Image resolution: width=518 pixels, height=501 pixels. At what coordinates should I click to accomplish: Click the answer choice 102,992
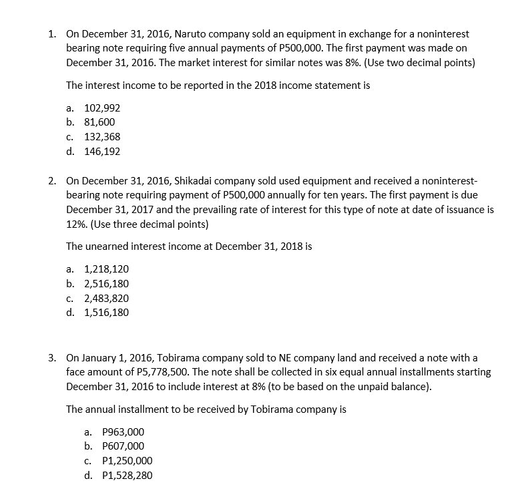101,108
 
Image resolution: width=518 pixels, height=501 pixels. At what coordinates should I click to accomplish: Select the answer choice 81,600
99,122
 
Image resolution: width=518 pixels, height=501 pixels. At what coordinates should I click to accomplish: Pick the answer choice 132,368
101,136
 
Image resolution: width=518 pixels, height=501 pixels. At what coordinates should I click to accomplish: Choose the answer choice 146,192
101,151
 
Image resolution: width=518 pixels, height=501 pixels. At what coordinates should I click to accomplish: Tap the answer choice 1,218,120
106,269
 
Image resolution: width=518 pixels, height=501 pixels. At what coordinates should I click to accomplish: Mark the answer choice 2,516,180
106,284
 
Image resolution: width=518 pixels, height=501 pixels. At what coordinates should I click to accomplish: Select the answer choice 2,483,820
106,298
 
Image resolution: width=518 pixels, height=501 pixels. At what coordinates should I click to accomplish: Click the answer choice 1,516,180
106,312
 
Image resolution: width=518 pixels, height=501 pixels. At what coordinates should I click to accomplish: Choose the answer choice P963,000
120,432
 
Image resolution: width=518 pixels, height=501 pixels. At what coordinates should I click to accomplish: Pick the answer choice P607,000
120,446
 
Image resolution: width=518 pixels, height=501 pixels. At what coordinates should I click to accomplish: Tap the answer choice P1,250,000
125,461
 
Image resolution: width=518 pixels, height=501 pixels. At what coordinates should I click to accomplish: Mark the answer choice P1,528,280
125,475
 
